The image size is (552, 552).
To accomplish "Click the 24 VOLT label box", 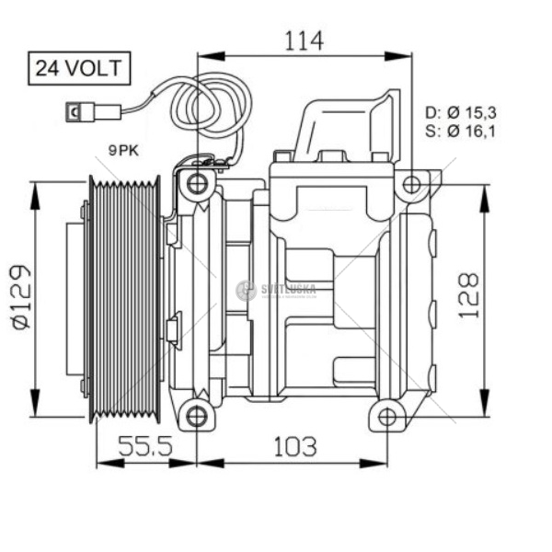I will pyautogui.click(x=78, y=67).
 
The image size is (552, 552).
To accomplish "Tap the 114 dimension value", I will pyautogui.click(x=304, y=40).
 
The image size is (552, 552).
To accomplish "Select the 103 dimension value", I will pyautogui.click(x=293, y=447).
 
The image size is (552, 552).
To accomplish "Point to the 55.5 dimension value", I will pyautogui.click(x=146, y=447).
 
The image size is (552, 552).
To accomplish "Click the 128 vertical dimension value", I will pyautogui.click(x=468, y=294).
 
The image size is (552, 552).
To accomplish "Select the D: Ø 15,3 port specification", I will pyautogui.click(x=460, y=112).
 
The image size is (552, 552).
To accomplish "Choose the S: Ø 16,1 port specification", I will pyautogui.click(x=460, y=132).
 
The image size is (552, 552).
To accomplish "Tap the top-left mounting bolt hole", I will pyautogui.click(x=197, y=183).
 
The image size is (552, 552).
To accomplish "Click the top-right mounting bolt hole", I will pyautogui.click(x=411, y=184).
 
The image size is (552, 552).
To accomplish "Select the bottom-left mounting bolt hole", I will pyautogui.click(x=197, y=416).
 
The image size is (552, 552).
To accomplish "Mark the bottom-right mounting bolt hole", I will pyautogui.click(x=387, y=417).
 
